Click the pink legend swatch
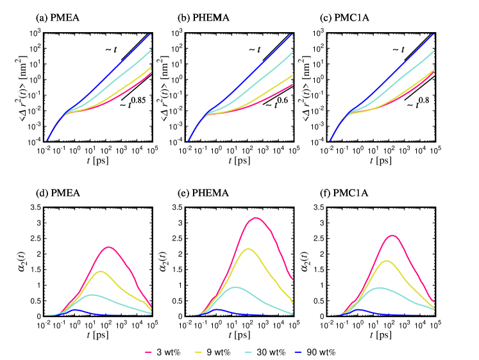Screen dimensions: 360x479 (x=148, y=352)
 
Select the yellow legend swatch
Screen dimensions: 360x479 (x=198, y=352)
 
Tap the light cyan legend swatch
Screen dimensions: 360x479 (x=248, y=352)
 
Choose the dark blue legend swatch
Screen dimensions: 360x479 (x=298, y=352)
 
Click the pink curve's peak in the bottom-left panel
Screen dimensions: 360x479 (x=109, y=246)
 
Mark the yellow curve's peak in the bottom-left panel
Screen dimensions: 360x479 (x=101, y=271)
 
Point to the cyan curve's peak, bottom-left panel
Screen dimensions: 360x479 (x=92, y=295)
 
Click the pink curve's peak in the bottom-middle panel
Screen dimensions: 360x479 (x=256, y=218)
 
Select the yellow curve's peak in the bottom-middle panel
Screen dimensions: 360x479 (x=248, y=248)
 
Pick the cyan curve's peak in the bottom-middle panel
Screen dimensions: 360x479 (x=236, y=287)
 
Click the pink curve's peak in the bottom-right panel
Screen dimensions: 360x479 (x=392, y=236)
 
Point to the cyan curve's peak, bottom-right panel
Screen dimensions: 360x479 (x=380, y=287)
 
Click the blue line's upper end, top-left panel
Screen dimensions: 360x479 (x=150, y=34)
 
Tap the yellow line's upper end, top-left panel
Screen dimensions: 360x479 (x=150, y=67)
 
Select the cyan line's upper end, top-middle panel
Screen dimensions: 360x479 (x=292, y=53)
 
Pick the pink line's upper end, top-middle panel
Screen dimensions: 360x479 (x=292, y=85)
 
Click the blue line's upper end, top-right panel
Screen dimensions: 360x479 (x=433, y=34)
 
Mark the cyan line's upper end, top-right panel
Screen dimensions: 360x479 (x=433, y=51)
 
